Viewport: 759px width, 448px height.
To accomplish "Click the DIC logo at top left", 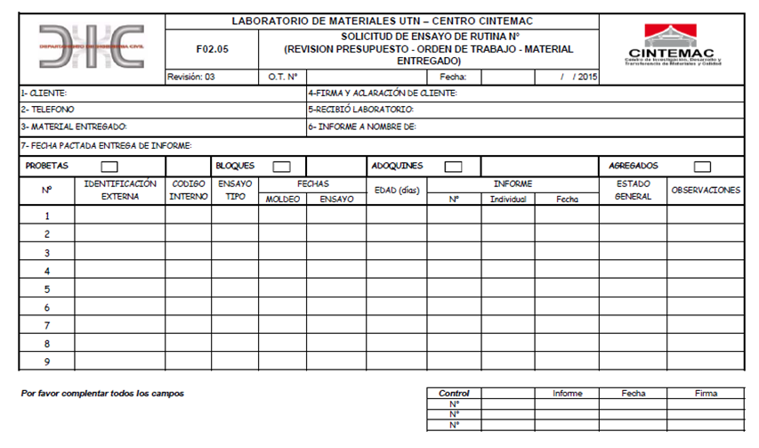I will coord(92,45).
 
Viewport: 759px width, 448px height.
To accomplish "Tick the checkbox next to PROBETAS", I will coord(109,166).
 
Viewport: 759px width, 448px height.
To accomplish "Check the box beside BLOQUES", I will coord(281,166).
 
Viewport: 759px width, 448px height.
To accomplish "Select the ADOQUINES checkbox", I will coord(453,166).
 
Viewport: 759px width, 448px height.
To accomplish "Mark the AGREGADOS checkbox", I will coord(702,166).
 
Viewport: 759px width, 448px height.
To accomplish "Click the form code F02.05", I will coord(212,49).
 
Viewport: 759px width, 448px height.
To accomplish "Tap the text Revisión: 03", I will coord(191,77).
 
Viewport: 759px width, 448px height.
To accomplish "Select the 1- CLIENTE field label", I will coord(44,93).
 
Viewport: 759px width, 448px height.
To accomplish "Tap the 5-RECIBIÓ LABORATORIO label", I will coord(361,110).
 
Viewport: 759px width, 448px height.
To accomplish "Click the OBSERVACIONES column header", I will coord(706,191).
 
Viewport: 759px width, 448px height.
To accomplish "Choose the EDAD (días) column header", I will coord(396,191).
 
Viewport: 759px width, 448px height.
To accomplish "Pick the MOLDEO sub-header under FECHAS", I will coord(283,199).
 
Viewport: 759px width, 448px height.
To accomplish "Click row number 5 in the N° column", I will coord(46,289).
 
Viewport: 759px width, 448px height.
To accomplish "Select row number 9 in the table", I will coord(46,362).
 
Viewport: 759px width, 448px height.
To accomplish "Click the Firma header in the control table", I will coord(706,393).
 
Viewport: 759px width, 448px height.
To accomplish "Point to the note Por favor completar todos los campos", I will coord(102,393).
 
